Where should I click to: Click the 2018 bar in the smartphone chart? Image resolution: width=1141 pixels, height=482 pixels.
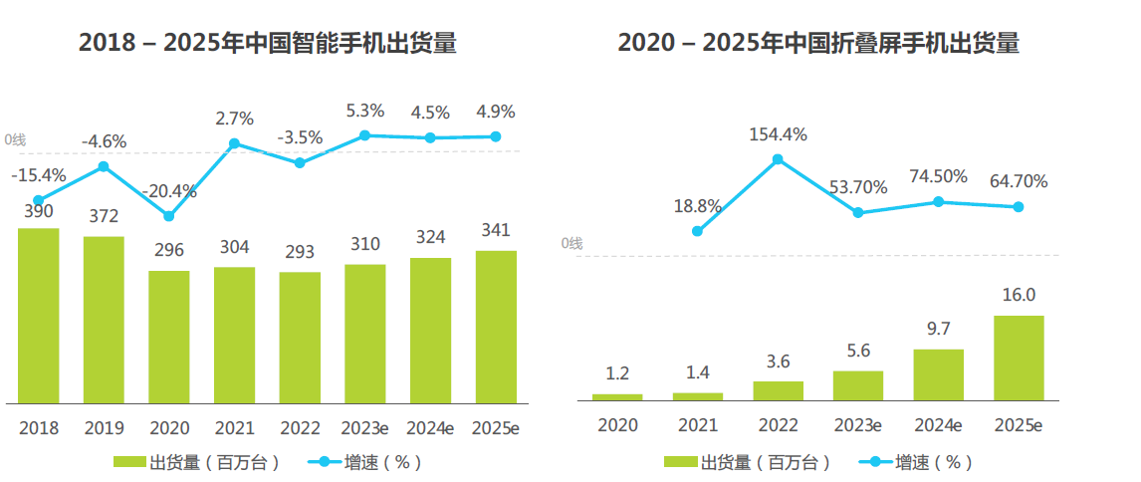click(39, 316)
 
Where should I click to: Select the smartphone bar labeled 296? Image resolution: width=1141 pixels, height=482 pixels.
click(169, 337)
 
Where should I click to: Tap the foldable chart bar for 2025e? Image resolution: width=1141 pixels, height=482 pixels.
click(1019, 358)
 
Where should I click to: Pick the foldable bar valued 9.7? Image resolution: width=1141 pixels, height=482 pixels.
click(938, 374)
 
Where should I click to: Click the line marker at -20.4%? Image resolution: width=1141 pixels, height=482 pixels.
click(169, 216)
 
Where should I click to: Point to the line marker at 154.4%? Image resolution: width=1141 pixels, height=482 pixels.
click(778, 158)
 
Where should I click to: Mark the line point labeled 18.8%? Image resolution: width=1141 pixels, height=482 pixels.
click(697, 231)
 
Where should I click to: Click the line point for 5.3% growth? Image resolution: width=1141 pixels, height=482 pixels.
click(365, 134)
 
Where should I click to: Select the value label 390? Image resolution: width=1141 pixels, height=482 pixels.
click(39, 211)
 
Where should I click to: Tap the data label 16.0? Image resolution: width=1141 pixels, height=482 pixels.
click(1019, 295)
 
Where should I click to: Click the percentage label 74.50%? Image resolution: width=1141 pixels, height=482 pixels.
click(938, 176)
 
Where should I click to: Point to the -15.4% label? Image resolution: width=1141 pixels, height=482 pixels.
click(39, 175)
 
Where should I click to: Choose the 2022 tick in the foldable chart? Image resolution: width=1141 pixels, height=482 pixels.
click(778, 426)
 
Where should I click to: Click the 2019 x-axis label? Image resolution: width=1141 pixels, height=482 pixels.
click(104, 428)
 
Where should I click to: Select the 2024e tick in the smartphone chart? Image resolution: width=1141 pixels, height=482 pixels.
click(430, 428)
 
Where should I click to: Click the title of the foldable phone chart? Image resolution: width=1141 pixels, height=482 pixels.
click(818, 43)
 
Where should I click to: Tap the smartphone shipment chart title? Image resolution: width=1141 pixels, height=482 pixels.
click(267, 43)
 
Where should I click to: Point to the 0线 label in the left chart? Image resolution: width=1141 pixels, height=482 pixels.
click(16, 140)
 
